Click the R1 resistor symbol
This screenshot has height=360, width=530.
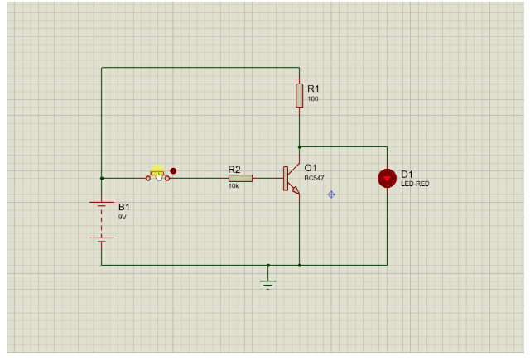299,95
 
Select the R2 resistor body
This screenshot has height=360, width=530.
240,178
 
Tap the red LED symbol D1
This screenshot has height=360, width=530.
387,179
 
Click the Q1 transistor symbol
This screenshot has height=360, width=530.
290,179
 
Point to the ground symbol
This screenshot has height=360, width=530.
267,281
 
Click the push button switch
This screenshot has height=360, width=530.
157,176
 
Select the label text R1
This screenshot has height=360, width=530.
313,88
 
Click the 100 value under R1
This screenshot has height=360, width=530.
312,99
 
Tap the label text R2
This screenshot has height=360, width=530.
234,169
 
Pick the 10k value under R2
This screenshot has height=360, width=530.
234,186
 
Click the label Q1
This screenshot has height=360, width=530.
311,167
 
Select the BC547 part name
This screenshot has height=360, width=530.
315,178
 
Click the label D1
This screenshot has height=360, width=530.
407,174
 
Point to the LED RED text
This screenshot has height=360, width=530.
415,184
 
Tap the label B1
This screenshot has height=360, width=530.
124,206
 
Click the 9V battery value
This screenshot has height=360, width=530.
122,217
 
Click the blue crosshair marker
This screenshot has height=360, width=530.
331,194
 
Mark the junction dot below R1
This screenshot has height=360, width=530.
300,147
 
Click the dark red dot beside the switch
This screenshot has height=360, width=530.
173,170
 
